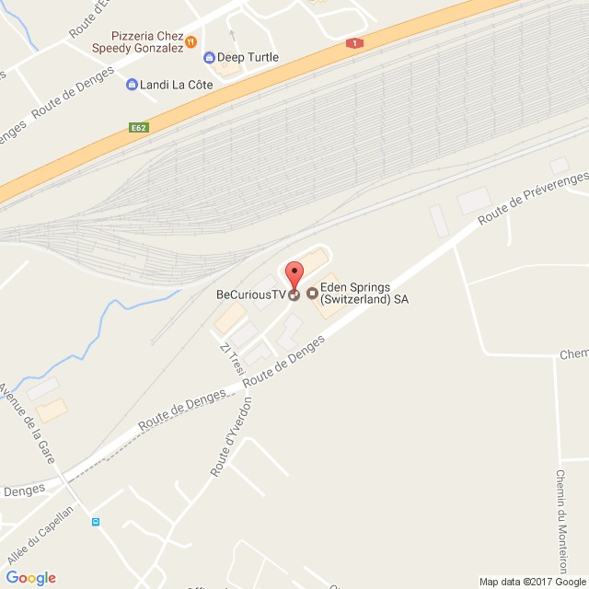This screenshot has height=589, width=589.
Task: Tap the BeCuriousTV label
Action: (251, 295)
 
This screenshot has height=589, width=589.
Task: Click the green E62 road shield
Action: (138, 128)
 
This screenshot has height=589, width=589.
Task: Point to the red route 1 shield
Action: (353, 43)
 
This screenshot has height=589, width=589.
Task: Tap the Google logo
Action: (30, 577)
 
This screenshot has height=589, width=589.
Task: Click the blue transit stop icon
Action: (95, 522)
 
